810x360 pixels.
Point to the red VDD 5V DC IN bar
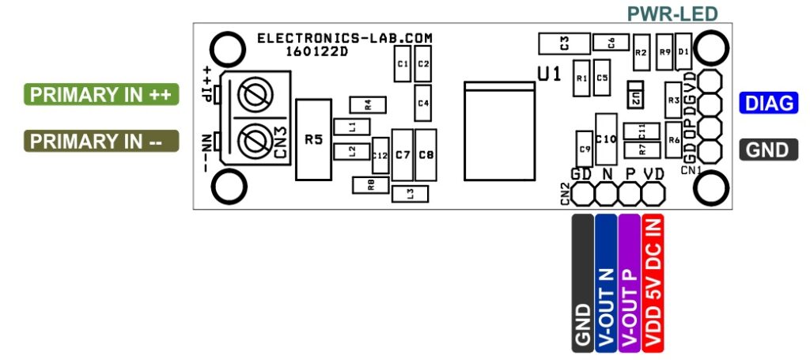(x=655, y=282)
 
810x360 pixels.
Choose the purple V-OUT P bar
(x=630, y=282)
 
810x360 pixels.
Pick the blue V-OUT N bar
(x=606, y=282)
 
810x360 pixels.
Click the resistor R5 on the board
(x=313, y=140)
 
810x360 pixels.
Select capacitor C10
(x=607, y=138)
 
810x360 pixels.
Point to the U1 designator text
(x=550, y=74)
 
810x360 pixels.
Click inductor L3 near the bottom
(x=409, y=193)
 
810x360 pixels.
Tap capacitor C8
(x=426, y=154)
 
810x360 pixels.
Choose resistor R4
(x=367, y=104)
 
